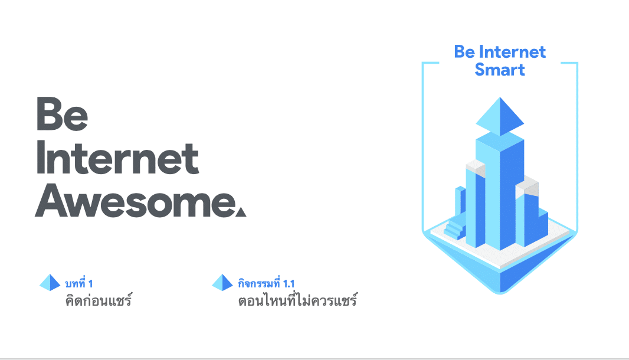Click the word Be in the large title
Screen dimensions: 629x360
[62, 114]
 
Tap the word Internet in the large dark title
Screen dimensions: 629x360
[117, 158]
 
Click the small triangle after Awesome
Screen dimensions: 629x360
[241, 211]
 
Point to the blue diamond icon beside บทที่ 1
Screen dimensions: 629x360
[50, 283]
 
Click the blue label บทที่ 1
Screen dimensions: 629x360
[79, 283]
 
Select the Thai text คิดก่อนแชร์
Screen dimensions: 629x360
[99, 300]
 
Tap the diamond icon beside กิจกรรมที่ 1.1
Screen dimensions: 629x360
[222, 283]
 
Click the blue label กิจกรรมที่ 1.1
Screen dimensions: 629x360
[266, 283]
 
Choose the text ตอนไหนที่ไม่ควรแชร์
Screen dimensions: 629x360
[297, 300]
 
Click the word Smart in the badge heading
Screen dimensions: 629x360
[500, 70]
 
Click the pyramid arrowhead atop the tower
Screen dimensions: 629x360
[500, 116]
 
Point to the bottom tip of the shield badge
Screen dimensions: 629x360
[500, 294]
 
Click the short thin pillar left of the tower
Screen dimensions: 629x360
[460, 202]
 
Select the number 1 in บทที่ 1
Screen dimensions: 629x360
[90, 284]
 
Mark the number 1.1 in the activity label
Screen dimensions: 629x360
[289, 284]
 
